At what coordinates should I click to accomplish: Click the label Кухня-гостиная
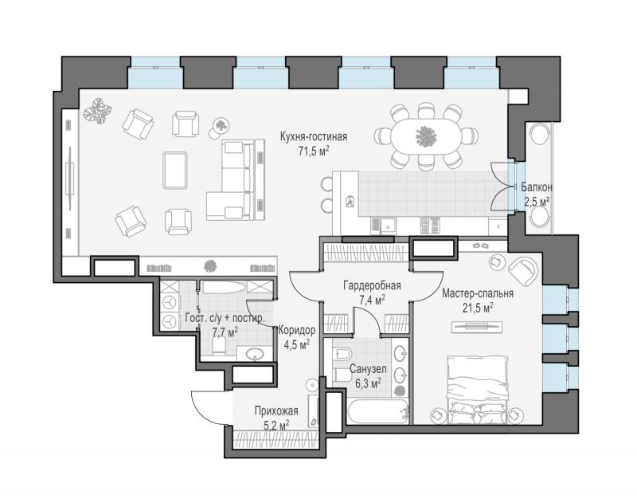pos(314,136)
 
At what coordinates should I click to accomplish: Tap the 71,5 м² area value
pos(314,151)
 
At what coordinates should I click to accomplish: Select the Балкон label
pos(537,187)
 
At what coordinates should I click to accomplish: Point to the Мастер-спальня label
pos(478,293)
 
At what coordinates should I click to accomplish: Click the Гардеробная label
pos(372,285)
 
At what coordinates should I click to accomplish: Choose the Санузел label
pos(368,369)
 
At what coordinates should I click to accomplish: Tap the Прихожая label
pos(276,411)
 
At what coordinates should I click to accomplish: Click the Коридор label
pos(296,330)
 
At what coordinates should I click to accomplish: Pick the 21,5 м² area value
pos(478,308)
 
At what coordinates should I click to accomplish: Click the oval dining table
pos(426,136)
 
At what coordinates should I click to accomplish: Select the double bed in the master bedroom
pos(478,390)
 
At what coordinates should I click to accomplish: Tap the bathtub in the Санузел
pos(377,411)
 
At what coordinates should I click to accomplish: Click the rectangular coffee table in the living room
pos(175,171)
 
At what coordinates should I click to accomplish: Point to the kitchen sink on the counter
pos(384,226)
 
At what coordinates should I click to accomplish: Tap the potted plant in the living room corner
pos(97,110)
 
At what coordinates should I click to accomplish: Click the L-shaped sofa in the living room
pos(235,179)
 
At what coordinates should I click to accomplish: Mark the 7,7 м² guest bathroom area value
pos(225,332)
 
